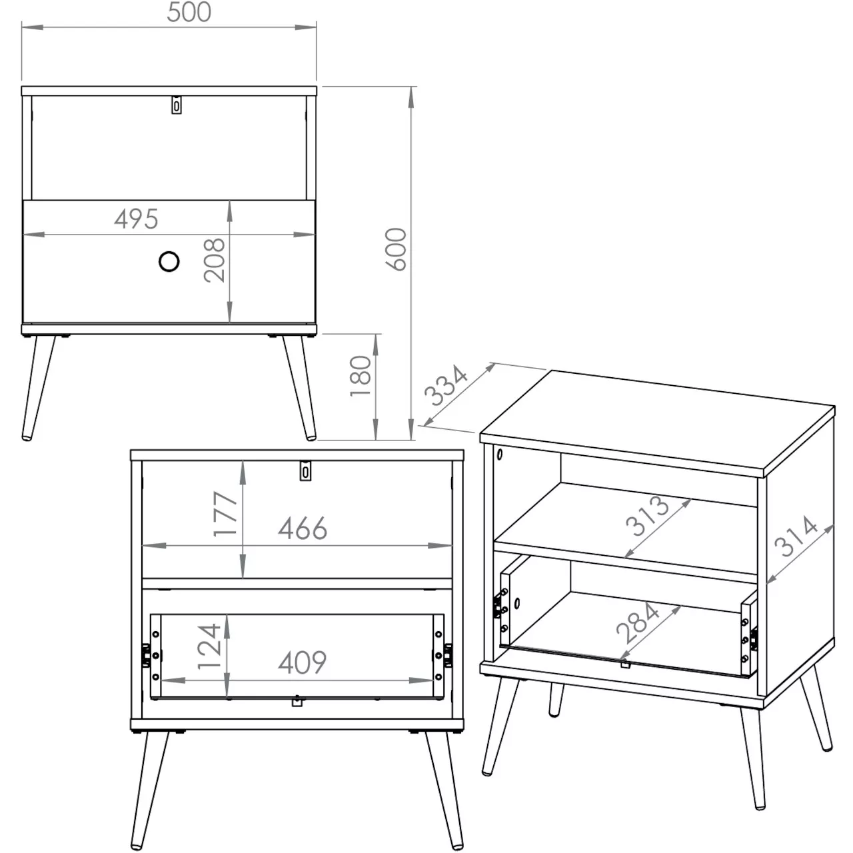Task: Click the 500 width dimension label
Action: [x=189, y=12]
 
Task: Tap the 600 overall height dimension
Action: [x=396, y=249]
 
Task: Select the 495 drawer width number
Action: [x=137, y=219]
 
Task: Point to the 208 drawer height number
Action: [x=214, y=261]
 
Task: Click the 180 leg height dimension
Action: [x=361, y=377]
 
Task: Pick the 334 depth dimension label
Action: [x=446, y=385]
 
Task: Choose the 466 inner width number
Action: [x=303, y=528]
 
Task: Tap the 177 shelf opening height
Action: [x=225, y=514]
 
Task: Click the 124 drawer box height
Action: [x=209, y=646]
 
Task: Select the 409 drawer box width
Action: [x=303, y=662]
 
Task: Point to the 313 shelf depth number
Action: [x=646, y=516]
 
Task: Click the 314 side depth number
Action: [x=796, y=536]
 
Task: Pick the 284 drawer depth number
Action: [x=638, y=623]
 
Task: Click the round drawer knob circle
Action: [x=169, y=261]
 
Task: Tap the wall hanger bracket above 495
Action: [x=177, y=105]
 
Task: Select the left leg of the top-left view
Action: [x=38, y=388]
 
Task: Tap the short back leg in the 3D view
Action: [x=556, y=700]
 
